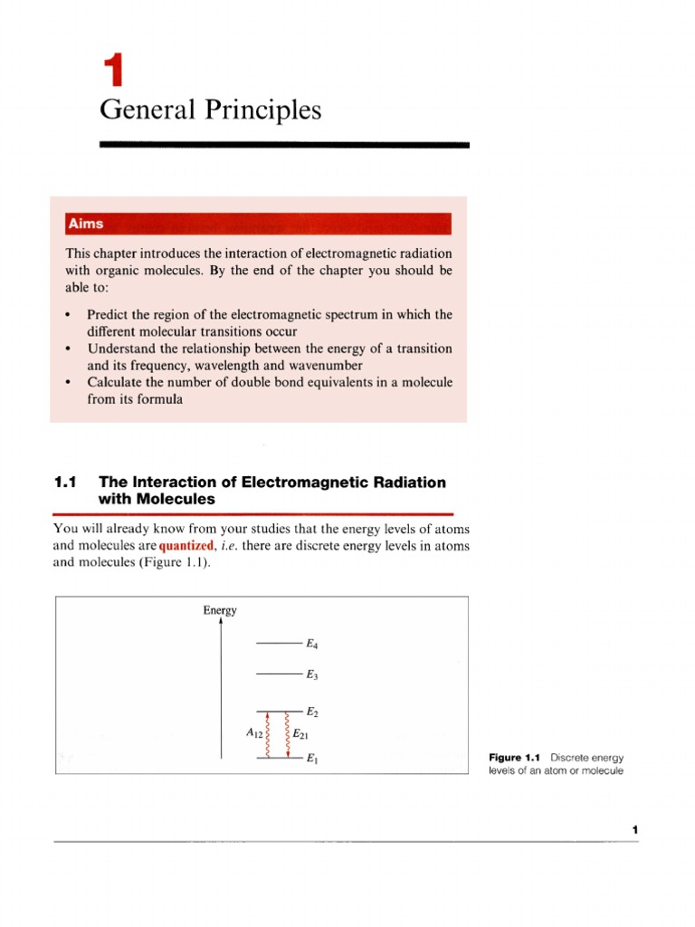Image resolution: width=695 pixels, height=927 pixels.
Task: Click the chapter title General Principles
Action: point(210,110)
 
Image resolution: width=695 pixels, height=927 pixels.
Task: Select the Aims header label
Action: point(84,223)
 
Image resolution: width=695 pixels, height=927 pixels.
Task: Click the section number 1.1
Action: point(69,483)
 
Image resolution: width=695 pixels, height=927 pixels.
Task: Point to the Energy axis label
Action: point(220,610)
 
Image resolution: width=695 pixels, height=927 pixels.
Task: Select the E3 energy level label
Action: point(312,674)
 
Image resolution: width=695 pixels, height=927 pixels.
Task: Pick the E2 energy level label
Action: point(312,713)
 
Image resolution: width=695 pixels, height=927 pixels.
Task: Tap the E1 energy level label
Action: point(312,759)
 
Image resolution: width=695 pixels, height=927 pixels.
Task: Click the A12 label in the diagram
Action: point(253,735)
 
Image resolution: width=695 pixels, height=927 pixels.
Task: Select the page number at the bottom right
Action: point(635,830)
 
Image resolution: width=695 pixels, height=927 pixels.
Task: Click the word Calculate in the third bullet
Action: point(114,382)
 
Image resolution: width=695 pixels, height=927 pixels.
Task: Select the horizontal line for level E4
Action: point(279,644)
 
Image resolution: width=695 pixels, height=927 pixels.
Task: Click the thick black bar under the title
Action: point(283,144)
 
